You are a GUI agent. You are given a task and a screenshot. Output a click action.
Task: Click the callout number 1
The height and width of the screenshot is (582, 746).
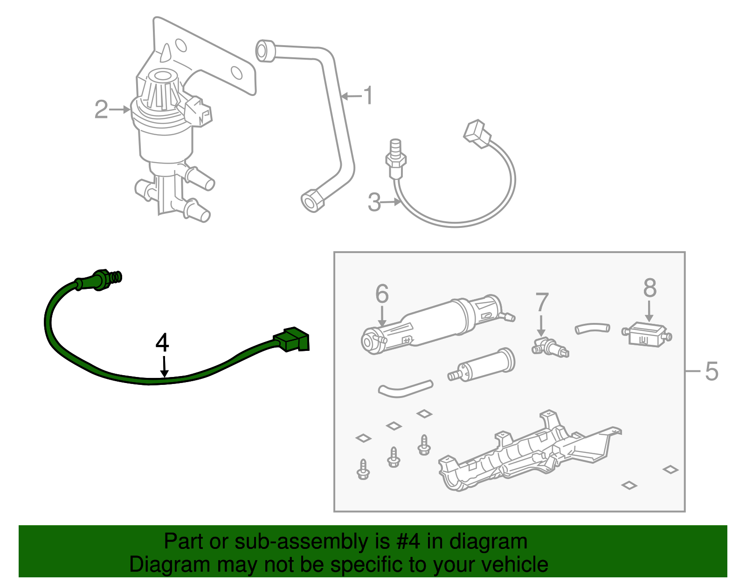tap(368, 96)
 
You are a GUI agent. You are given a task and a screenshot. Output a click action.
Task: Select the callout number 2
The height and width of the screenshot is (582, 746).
tap(101, 110)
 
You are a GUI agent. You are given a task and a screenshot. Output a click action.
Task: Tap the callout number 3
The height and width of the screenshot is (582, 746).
tap(374, 203)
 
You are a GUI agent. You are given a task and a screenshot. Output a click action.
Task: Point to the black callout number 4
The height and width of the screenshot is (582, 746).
tap(162, 343)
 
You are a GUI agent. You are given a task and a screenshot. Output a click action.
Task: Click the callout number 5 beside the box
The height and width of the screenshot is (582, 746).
tap(711, 371)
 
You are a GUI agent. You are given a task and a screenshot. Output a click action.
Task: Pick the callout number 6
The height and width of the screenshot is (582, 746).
tap(382, 294)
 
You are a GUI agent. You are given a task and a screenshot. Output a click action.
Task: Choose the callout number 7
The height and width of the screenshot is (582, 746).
tap(541, 303)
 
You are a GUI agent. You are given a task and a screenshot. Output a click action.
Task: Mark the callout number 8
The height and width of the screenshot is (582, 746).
tap(649, 288)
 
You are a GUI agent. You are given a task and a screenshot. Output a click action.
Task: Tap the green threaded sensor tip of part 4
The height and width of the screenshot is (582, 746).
tap(116, 277)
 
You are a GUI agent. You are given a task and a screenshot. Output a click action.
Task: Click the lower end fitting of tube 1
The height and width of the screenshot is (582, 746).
tap(311, 201)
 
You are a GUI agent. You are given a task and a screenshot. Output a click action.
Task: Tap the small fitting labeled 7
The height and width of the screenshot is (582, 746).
tap(550, 348)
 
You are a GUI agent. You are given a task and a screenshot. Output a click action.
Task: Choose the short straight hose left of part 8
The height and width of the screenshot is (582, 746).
tap(592, 329)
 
